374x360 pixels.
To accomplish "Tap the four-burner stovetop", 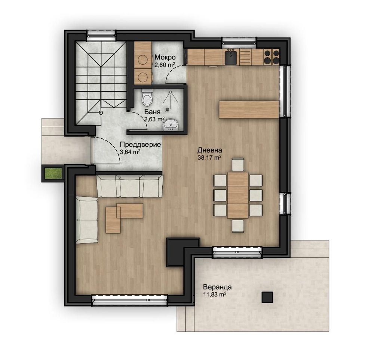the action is (x=272, y=57).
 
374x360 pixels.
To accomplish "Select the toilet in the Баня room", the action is (x=147, y=98).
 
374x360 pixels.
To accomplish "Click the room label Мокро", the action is (x=165, y=57).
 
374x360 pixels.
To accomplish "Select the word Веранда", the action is (x=217, y=287).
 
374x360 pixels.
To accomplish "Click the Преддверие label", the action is (x=140, y=145).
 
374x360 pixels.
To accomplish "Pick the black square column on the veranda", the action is (x=267, y=297).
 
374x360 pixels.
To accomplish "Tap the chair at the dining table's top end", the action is (x=238, y=164).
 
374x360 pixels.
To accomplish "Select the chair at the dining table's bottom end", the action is (x=238, y=226).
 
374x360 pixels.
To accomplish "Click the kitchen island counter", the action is (x=249, y=110).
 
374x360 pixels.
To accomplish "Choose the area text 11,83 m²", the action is (x=214, y=295).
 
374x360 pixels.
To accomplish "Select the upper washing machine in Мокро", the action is (x=143, y=59).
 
